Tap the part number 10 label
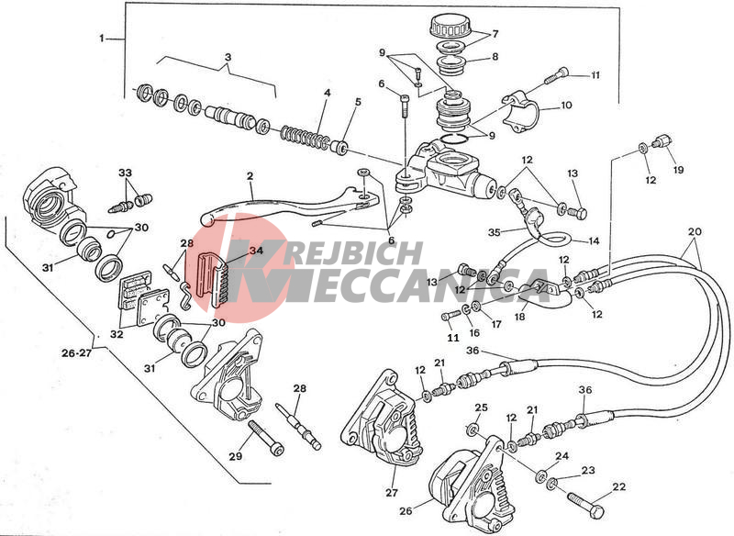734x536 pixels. coord(566,105)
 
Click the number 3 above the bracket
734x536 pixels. coord(228,57)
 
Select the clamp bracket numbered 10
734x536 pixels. coord(521,112)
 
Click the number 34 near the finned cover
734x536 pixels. coord(256,251)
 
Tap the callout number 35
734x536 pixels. coord(495,232)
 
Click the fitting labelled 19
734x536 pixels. coord(663,140)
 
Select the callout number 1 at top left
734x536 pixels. coord(102,39)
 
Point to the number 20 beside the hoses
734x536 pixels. coord(695,231)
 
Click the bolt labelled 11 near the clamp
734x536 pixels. coord(557,75)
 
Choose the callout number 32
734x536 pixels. coord(117,334)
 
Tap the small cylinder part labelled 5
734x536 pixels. coord(339,147)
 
